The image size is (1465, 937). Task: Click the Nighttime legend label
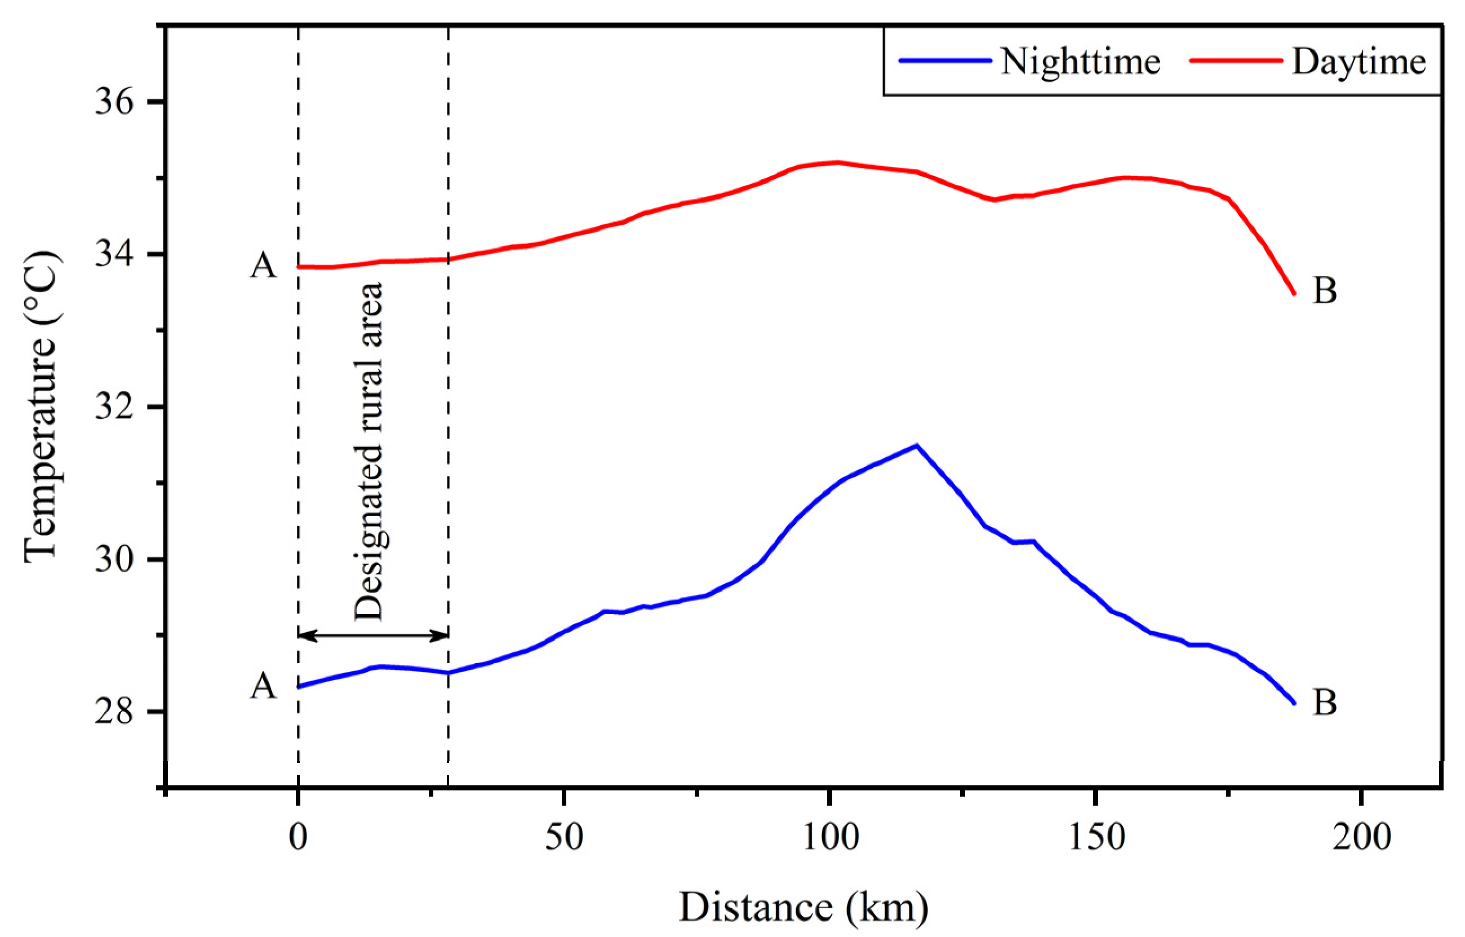click(1081, 62)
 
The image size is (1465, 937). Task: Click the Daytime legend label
click(1359, 62)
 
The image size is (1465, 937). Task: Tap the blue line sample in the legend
click(945, 60)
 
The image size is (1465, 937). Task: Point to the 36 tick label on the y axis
click(114, 102)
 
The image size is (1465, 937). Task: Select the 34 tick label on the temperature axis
click(114, 254)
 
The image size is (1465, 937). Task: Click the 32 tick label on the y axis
click(114, 406)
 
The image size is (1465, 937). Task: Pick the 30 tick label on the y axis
click(114, 559)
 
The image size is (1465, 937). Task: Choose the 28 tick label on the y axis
click(114, 711)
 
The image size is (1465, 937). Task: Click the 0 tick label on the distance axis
click(298, 838)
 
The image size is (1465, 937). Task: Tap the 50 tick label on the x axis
click(564, 838)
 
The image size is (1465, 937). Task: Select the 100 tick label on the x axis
click(831, 838)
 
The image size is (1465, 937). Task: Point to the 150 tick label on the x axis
click(1096, 838)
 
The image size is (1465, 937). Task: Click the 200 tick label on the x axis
click(1361, 838)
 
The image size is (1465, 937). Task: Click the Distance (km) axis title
click(803, 907)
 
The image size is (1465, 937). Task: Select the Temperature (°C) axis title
click(41, 406)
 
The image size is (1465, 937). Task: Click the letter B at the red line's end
click(1325, 290)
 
